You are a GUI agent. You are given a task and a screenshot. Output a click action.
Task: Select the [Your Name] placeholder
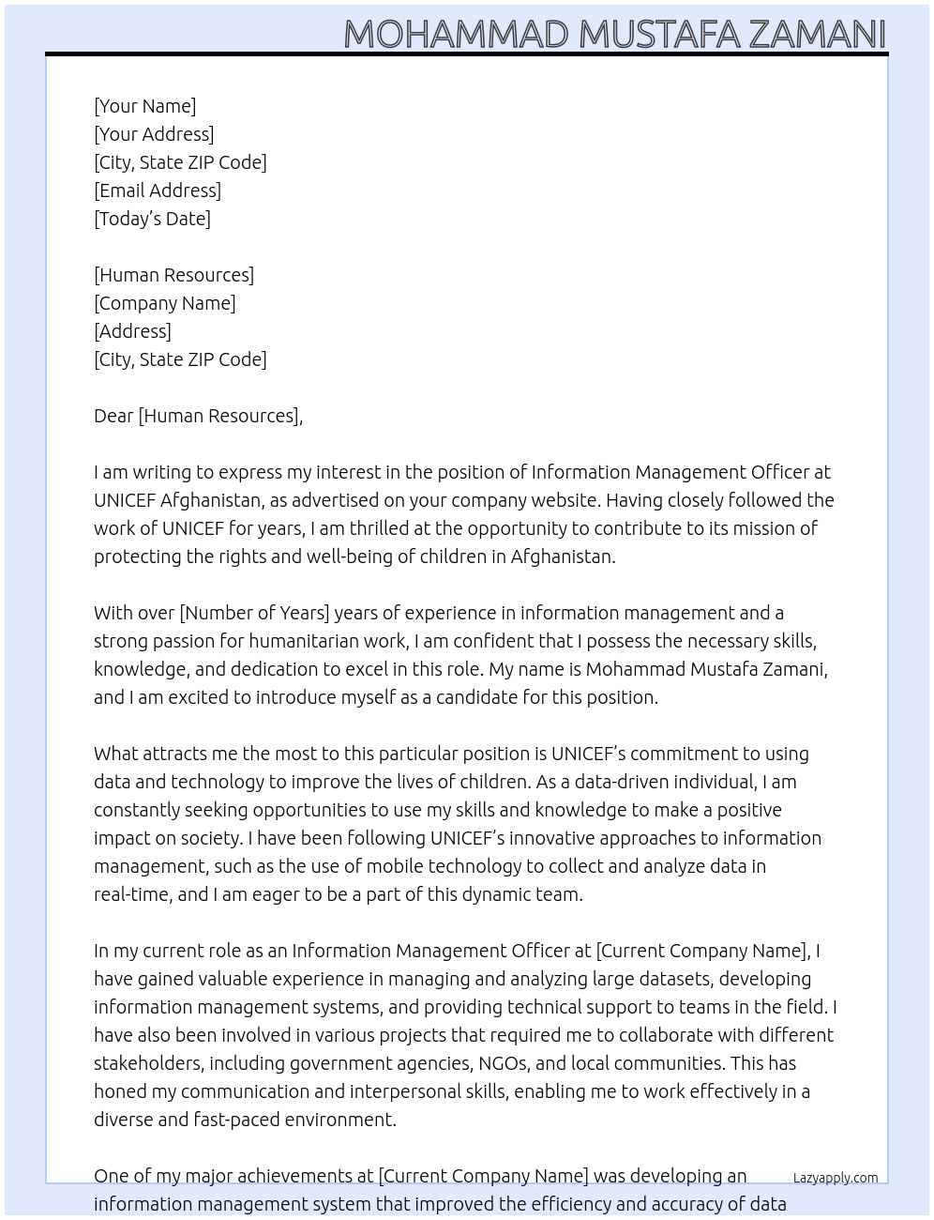[144, 106]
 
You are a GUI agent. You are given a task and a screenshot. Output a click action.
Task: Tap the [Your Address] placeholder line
[154, 134]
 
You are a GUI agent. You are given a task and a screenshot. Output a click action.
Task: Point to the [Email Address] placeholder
[158, 191]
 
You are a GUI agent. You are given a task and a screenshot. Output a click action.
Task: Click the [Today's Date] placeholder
[152, 219]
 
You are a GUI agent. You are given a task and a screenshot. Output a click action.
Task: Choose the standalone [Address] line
[132, 331]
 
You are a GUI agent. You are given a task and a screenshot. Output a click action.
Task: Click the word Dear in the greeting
[113, 416]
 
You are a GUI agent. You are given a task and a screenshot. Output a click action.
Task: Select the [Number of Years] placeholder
[254, 613]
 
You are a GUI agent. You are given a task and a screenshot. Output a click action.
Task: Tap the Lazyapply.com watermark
[836, 1178]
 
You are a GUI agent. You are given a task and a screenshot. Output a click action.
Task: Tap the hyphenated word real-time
[131, 894]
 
